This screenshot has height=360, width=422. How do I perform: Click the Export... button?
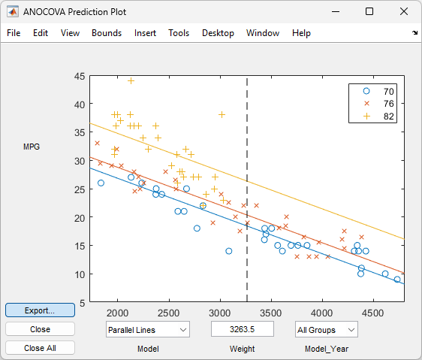click(x=40, y=310)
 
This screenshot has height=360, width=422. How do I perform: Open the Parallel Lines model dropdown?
click(x=147, y=329)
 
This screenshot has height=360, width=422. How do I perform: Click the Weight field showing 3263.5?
click(x=242, y=329)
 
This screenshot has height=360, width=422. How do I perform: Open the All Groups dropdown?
click(x=326, y=329)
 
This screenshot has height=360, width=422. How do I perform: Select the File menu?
click(x=14, y=33)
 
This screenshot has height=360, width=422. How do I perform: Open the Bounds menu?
click(x=107, y=33)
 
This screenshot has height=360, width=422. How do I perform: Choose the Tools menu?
click(x=179, y=33)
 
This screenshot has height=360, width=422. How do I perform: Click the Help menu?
click(x=301, y=33)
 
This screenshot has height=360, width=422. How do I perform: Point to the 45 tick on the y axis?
click(x=79, y=76)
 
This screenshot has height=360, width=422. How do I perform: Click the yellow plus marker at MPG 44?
click(x=131, y=81)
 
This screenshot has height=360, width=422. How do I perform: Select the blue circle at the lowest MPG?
click(x=397, y=280)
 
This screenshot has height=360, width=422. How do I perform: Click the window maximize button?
click(x=369, y=11)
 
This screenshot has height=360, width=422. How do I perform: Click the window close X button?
click(x=403, y=11)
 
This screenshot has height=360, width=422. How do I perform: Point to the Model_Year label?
click(x=326, y=349)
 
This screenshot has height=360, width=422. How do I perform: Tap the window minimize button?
click(x=334, y=11)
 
